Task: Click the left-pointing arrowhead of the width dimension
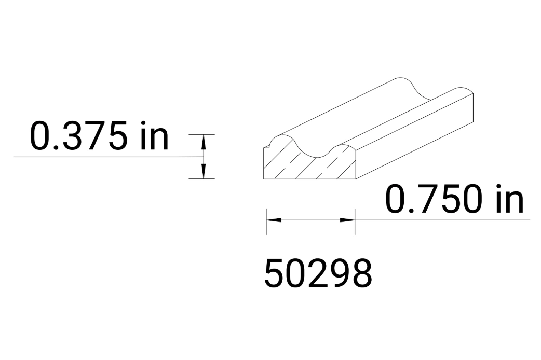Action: tap(274, 220)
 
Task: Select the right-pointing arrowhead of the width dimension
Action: tap(347, 220)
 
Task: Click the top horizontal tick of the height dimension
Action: tap(201, 134)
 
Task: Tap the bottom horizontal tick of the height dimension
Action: tap(201, 179)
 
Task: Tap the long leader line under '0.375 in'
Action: tap(104, 156)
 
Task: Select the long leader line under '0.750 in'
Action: tap(441, 220)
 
